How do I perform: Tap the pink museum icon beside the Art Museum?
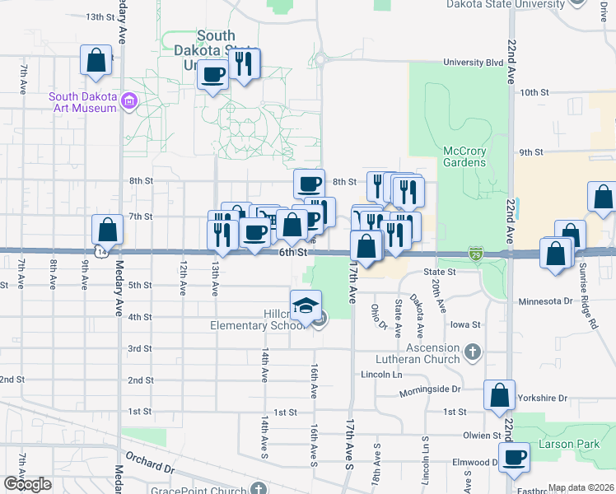[128, 102]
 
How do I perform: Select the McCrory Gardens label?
[465, 156]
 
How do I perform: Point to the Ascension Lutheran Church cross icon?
[472, 352]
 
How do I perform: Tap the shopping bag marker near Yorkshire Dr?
[499, 396]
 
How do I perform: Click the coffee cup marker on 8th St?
[309, 184]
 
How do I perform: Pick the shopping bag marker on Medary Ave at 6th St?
[107, 231]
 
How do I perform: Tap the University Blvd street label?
[472, 62]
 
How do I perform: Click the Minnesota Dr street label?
[544, 302]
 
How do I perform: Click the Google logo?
[27, 484]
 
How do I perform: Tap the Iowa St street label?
[465, 325]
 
